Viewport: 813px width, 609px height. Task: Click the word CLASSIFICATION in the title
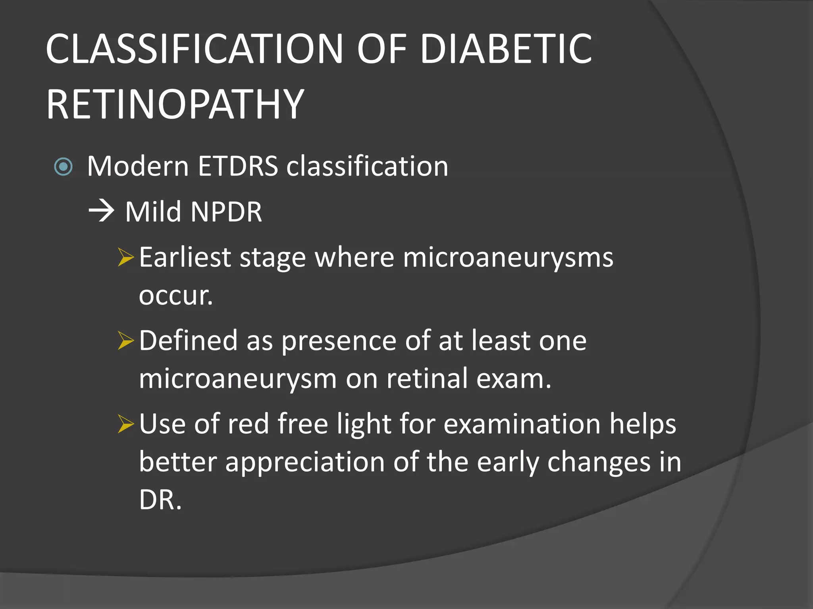click(194, 49)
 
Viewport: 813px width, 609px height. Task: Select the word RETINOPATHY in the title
click(175, 104)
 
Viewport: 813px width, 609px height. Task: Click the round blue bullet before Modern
click(63, 167)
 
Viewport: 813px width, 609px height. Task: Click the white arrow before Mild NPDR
click(101, 211)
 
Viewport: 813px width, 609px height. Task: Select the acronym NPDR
click(226, 212)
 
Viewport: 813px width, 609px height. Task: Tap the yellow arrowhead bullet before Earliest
click(126, 258)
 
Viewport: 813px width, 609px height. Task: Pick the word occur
click(175, 296)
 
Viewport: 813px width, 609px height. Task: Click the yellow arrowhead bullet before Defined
click(126, 341)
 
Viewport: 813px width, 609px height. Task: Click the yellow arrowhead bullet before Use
click(126, 425)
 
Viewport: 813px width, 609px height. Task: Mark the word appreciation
click(305, 462)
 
